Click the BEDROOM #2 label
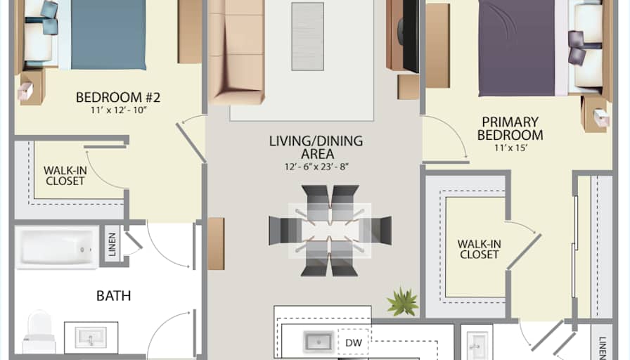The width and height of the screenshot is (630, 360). [x=118, y=97]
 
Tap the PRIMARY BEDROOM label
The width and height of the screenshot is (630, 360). [x=510, y=128]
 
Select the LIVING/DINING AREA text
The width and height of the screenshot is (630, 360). [x=316, y=147]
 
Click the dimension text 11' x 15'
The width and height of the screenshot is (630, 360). [x=510, y=148]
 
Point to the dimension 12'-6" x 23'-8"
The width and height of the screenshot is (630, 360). [x=316, y=167]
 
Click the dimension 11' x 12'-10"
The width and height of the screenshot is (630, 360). [x=119, y=110]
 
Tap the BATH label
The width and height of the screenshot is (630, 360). [x=114, y=296]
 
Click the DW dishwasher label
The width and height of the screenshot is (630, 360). [x=354, y=342]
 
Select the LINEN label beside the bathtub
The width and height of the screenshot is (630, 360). [x=112, y=244]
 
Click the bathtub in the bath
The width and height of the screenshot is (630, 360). [x=57, y=247]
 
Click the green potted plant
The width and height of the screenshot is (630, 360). [x=403, y=302]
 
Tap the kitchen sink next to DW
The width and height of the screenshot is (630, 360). [x=319, y=342]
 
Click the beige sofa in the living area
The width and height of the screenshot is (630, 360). [x=236, y=51]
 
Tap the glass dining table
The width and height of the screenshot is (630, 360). [x=330, y=231]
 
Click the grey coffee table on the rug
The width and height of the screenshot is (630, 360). [x=308, y=37]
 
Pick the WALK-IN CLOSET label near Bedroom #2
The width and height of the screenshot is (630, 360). [x=65, y=176]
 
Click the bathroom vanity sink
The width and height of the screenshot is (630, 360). [x=91, y=337]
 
